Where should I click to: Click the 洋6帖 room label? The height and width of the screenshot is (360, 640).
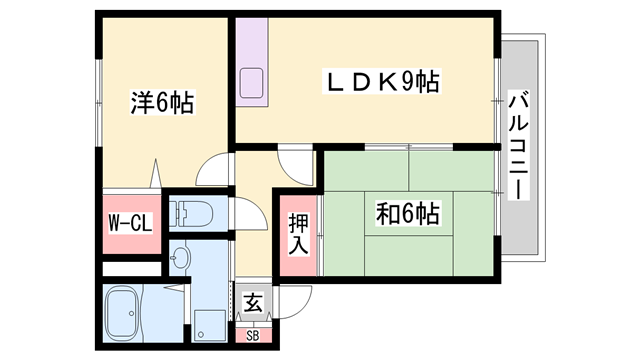point(161,103)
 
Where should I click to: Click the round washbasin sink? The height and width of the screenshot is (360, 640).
point(180,259)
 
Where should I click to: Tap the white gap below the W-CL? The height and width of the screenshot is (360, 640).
point(130,268)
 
